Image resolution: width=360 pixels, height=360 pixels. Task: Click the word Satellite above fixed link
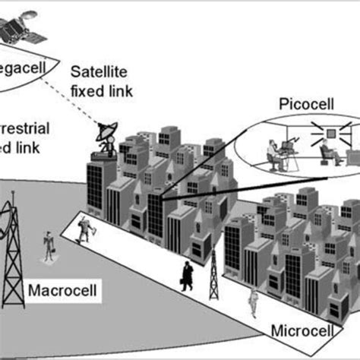click(100, 73)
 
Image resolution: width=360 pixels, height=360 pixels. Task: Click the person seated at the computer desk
click(273, 151)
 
